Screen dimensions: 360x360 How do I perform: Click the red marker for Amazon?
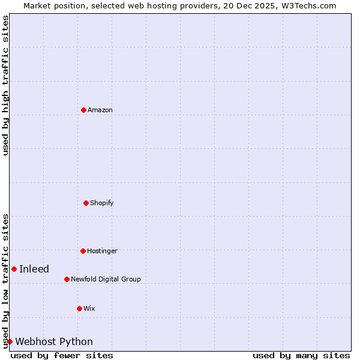point(83,110)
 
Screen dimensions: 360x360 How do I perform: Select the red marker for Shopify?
point(86,203)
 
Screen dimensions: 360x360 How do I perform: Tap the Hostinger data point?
point(83,251)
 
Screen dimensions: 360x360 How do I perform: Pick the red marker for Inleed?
point(14,269)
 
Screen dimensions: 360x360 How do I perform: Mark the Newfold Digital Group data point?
point(67,279)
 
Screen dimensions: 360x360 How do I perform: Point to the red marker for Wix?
point(79,308)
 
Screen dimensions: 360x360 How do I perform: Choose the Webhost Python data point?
point(10,341)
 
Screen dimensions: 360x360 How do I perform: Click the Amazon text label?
point(100,110)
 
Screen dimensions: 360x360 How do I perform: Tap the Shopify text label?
point(102,203)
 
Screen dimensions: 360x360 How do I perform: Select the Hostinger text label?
point(102,251)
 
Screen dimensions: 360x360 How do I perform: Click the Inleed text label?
point(34,269)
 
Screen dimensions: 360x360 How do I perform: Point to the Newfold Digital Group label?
point(106,279)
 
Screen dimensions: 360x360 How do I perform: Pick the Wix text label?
point(89,308)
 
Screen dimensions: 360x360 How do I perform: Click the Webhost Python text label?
point(54,341)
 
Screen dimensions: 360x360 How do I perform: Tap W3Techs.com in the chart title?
point(310,5)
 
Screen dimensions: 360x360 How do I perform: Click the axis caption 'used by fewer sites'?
point(62,355)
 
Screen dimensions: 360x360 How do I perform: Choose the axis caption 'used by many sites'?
point(301,355)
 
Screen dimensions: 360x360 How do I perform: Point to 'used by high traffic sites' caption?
point(5,85)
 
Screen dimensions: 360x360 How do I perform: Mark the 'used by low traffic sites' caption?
point(5,280)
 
